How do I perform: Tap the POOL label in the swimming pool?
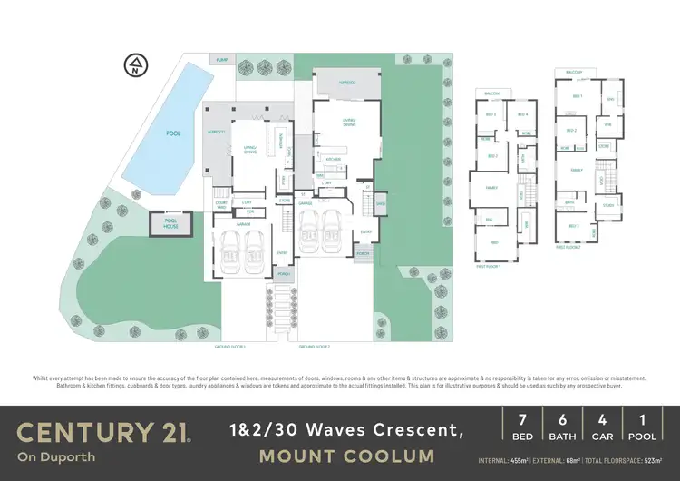(x=172, y=133)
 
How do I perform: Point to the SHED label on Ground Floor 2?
(x=381, y=203)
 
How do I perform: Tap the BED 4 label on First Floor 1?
(x=522, y=114)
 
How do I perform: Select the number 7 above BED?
(x=521, y=421)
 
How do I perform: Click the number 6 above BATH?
(x=561, y=421)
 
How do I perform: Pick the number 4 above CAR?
(x=601, y=421)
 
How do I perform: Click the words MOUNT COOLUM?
(x=347, y=456)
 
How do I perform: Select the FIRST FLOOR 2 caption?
(x=567, y=246)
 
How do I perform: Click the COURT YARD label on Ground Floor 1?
(x=220, y=204)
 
